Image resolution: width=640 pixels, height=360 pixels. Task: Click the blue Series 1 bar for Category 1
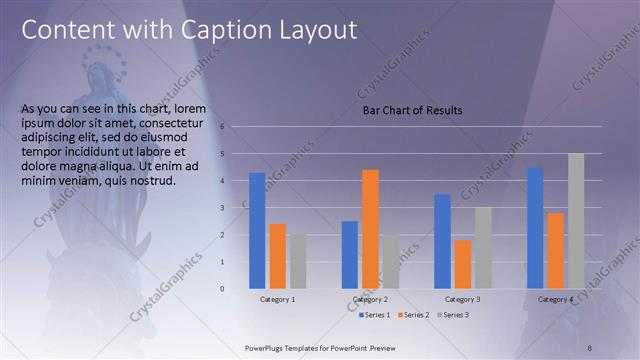257,231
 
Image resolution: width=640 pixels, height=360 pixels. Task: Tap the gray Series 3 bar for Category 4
575,221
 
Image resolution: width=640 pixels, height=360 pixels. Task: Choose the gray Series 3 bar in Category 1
297,261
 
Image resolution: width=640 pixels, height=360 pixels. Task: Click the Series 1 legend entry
376,315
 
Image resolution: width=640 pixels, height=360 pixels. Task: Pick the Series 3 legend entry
451,315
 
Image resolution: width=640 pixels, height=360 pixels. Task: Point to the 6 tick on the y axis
236,126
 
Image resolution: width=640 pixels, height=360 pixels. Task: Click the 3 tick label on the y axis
236,207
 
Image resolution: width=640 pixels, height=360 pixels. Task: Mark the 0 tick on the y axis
236,289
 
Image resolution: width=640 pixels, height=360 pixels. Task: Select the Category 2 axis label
370,300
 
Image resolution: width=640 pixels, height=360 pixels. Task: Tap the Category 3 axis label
462,300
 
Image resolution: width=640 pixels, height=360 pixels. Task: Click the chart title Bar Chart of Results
412,110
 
